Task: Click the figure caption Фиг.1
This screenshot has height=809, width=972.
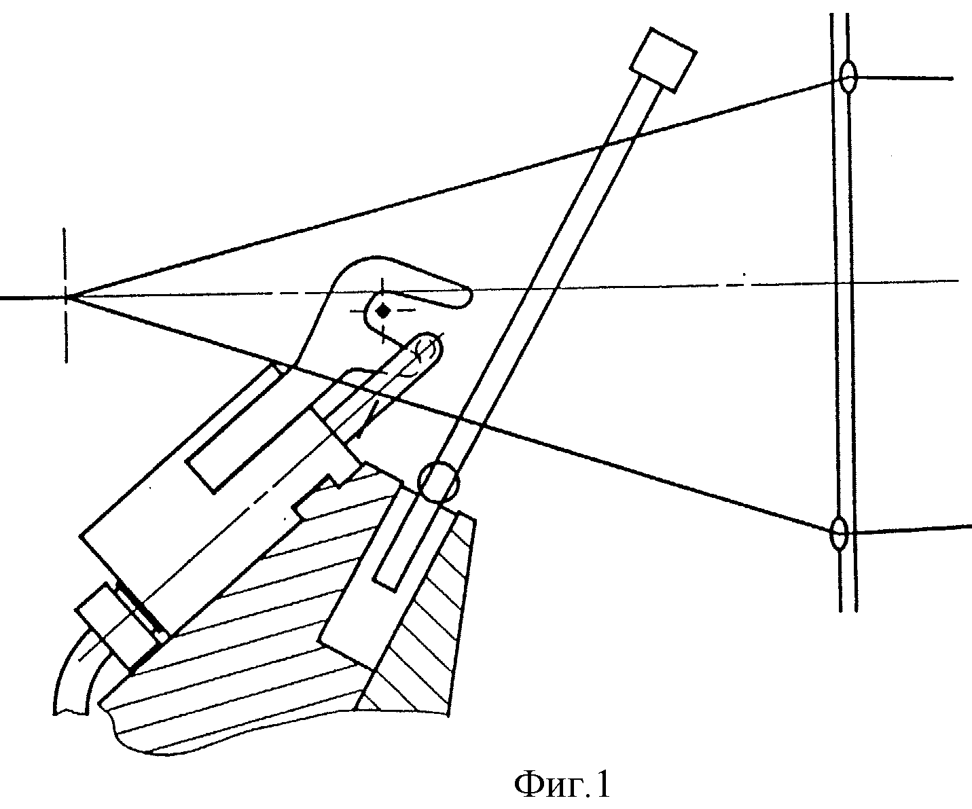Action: pos(562,785)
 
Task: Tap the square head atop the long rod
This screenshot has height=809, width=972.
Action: pos(663,60)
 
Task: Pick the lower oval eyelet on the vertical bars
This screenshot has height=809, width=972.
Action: pos(838,533)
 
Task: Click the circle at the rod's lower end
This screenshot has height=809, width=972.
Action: pos(438,483)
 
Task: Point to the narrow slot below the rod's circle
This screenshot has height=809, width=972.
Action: pos(401,543)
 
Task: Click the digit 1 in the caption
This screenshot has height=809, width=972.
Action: pos(604,785)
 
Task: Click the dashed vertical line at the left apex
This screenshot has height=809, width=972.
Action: pos(65,295)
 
